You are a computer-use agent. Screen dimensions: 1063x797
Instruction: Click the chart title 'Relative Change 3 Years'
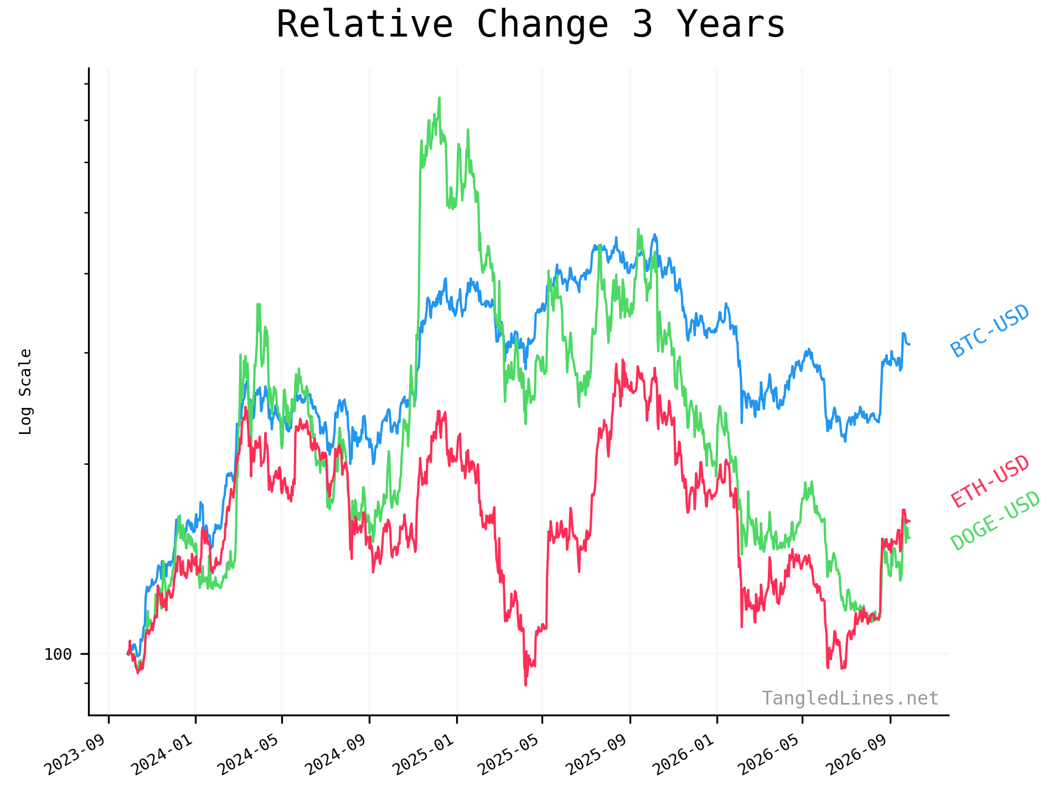point(530,24)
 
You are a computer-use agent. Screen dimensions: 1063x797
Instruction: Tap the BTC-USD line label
point(990,331)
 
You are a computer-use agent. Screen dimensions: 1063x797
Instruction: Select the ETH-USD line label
point(990,482)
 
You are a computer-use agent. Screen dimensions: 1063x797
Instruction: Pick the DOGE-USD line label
point(995,521)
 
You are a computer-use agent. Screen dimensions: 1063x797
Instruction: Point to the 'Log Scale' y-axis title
point(25,391)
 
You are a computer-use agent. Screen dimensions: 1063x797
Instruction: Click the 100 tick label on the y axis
point(58,654)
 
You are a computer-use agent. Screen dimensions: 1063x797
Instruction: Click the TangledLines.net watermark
point(850,698)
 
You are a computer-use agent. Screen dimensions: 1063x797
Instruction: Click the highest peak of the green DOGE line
point(439,98)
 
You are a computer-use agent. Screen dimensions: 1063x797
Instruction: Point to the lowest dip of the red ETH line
point(525,685)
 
